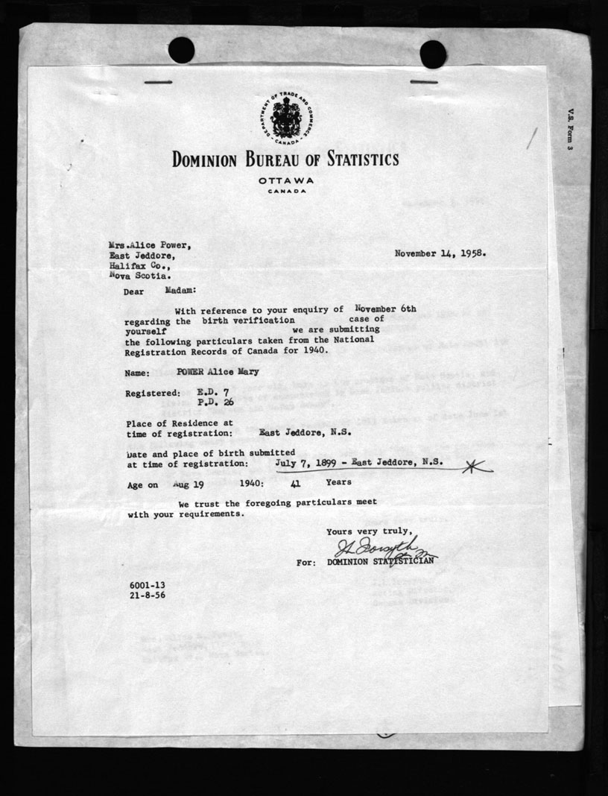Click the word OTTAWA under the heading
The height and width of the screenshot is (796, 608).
(x=286, y=180)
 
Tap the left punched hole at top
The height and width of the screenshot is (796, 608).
(x=181, y=50)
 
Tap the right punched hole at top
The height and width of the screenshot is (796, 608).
(x=433, y=54)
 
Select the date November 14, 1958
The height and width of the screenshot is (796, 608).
(x=440, y=253)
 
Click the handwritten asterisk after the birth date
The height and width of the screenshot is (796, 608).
(x=477, y=467)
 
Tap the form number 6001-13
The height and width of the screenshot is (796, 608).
(x=146, y=586)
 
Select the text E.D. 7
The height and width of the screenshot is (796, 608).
(x=212, y=391)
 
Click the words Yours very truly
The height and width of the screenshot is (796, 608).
(x=367, y=531)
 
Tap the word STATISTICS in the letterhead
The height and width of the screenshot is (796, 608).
(x=357, y=159)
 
